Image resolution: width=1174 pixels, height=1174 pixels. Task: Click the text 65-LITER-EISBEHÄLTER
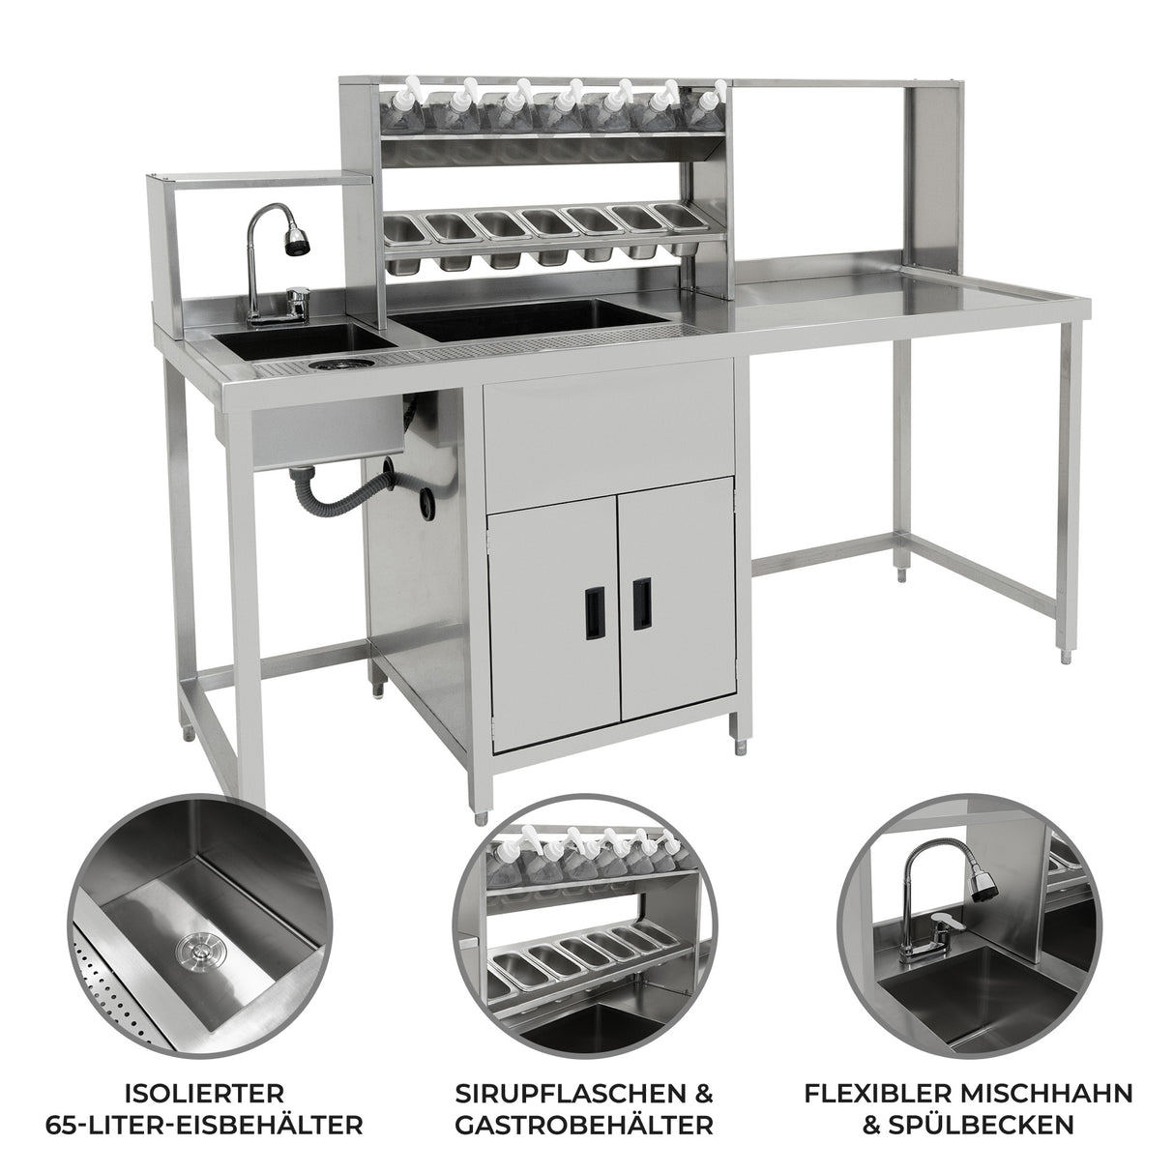[205, 1107]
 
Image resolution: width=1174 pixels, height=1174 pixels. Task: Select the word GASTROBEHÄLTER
[584, 1107]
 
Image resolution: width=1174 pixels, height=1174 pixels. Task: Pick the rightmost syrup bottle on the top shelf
[707, 108]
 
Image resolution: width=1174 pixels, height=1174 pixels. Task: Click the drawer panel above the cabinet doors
[608, 435]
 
